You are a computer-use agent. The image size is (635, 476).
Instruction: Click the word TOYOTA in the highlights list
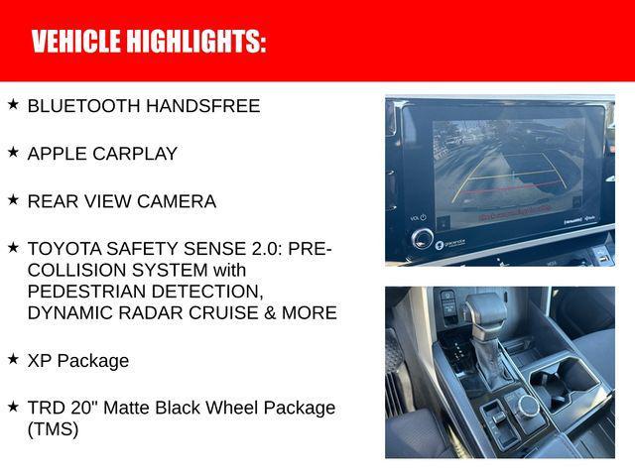coord(62,249)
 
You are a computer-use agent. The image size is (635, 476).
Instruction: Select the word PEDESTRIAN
coord(90,292)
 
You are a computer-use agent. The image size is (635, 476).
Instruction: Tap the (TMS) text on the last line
coord(53,429)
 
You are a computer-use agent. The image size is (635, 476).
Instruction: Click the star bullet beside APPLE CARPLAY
coord(13,153)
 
